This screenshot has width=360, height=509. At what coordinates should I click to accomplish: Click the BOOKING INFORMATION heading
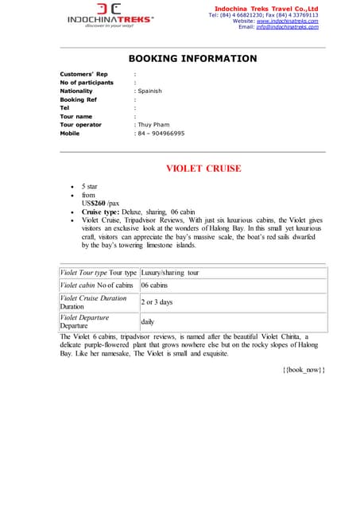pyautogui.click(x=192, y=59)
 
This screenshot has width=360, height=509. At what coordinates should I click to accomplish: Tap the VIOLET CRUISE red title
pyautogui.click(x=203, y=169)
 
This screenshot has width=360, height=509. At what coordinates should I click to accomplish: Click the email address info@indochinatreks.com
pyautogui.click(x=287, y=27)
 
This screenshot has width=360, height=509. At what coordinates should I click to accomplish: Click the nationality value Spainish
pyautogui.click(x=149, y=91)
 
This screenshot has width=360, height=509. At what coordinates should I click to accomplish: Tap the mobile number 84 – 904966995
pyautogui.click(x=161, y=134)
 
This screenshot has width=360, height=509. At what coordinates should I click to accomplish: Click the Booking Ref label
pyautogui.click(x=78, y=99)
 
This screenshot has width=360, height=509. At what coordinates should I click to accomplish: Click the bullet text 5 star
pyautogui.click(x=90, y=186)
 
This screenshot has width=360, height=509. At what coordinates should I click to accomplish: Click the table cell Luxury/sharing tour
pyautogui.click(x=170, y=273)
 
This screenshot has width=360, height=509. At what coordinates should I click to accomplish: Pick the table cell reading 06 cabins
pyautogui.click(x=154, y=285)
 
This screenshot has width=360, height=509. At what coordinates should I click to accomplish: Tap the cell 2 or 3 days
pyautogui.click(x=157, y=302)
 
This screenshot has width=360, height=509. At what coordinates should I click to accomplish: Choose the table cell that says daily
pyautogui.click(x=148, y=322)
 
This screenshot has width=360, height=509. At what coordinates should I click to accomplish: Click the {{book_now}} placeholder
pyautogui.click(x=304, y=371)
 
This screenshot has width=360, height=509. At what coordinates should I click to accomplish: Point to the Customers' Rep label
pyautogui.click(x=83, y=74)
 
